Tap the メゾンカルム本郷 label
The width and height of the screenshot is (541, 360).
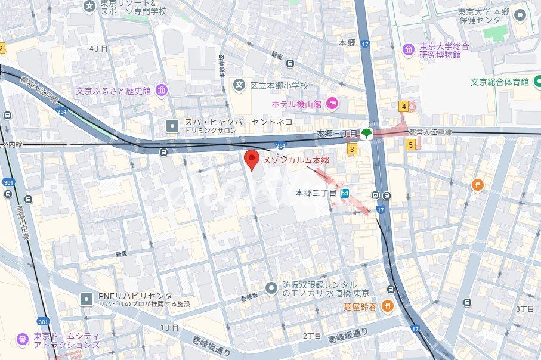pyautogui.click(x=296, y=160)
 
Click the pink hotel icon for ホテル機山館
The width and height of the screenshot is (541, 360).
pyautogui.click(x=333, y=104)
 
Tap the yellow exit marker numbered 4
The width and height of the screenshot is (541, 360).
pyautogui.click(x=404, y=107)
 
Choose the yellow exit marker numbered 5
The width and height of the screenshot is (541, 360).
pyautogui.click(x=410, y=144)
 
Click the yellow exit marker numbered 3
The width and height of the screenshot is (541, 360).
pyautogui.click(x=353, y=149)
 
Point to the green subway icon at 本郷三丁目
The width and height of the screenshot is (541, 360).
pyautogui.click(x=366, y=134)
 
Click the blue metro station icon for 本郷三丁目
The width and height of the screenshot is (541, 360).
pyautogui.click(x=344, y=193)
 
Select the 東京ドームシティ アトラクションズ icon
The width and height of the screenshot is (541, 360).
pyautogui.click(x=23, y=339)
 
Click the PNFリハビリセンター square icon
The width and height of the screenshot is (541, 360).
pyautogui.click(x=87, y=298)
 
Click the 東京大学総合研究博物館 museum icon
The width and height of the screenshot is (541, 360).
pyautogui.click(x=408, y=49)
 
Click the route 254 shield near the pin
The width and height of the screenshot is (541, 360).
pyautogui.click(x=280, y=145)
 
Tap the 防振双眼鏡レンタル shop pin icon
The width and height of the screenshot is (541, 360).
pyautogui.click(x=272, y=288)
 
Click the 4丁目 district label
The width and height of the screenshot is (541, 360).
pyautogui.click(x=98, y=48)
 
